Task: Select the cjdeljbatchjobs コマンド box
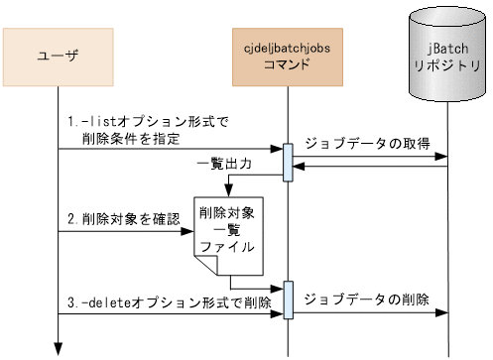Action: [287, 57]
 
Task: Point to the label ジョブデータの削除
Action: [366, 300]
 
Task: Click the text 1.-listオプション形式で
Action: [148, 122]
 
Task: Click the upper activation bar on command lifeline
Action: [288, 163]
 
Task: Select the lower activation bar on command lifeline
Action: [288, 300]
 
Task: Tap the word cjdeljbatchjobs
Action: [287, 49]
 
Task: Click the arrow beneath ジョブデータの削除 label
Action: [367, 314]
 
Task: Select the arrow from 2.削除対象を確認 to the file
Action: [125, 232]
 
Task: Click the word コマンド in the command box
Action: [287, 65]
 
